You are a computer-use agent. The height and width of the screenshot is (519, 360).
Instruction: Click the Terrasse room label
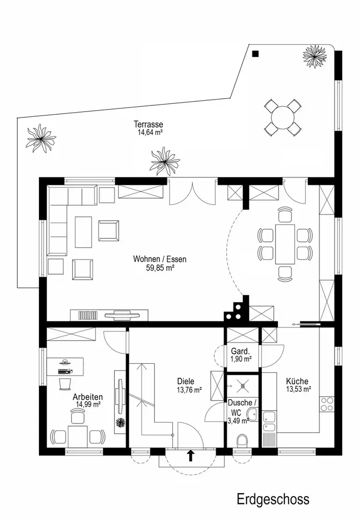(x=148, y=124)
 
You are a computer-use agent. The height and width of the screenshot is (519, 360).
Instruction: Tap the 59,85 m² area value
(x=160, y=268)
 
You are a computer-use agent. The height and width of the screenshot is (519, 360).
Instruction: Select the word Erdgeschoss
(x=273, y=499)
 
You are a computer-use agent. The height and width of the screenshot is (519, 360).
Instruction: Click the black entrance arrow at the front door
(x=190, y=456)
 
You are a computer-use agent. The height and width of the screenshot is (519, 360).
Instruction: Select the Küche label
(x=297, y=381)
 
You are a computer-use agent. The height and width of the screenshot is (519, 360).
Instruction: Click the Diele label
(x=189, y=381)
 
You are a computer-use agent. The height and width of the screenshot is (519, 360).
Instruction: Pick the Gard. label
(x=241, y=350)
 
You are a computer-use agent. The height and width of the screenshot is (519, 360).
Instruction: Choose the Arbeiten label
(x=88, y=396)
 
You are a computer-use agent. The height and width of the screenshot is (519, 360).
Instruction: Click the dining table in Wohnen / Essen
(x=285, y=243)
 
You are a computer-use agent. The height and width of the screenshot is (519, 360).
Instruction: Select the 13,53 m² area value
(x=298, y=389)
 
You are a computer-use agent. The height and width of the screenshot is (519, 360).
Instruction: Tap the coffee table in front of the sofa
(x=83, y=232)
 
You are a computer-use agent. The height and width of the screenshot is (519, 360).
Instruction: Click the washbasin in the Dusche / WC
(x=252, y=414)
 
